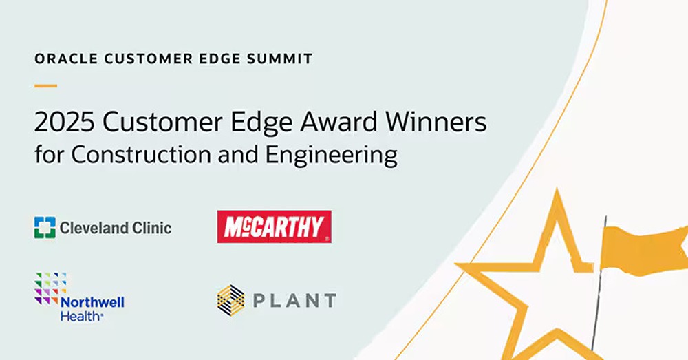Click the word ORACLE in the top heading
tap(66, 59)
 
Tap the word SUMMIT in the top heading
tap(279, 59)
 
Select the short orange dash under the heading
tap(45, 85)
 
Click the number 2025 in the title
tap(65, 122)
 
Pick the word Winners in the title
tap(436, 122)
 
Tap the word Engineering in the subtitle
tap(332, 156)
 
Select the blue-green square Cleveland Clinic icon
tap(45, 227)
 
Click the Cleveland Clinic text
tap(116, 228)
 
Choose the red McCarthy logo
tap(275, 226)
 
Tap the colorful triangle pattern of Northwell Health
tap(50, 288)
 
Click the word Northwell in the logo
tap(92, 302)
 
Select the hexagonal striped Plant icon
tap(230, 300)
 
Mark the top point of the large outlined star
tap(557, 189)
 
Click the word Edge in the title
tap(261, 123)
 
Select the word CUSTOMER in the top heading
tap(149, 59)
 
